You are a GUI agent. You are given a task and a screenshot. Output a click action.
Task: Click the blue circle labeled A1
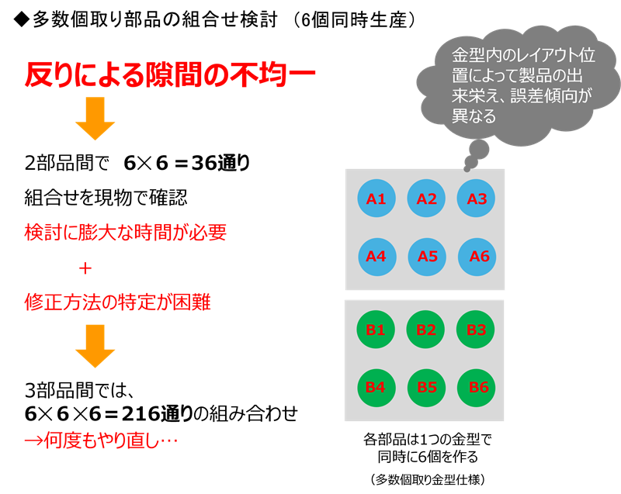point(376,199)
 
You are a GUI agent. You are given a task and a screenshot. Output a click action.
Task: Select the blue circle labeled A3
point(477,199)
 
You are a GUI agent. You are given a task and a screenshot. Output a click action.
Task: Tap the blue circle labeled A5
point(427,256)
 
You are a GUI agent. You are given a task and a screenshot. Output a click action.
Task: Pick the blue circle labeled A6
point(478,256)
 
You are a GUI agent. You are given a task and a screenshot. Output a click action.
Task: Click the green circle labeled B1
point(376,330)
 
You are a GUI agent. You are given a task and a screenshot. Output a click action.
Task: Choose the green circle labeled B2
point(426,330)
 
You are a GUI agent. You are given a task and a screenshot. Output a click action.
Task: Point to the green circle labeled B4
point(376,387)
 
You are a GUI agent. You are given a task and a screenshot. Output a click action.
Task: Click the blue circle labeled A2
point(426,199)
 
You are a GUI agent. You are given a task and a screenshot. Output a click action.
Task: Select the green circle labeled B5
point(427,387)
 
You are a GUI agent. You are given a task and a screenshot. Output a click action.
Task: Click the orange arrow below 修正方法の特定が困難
point(95,346)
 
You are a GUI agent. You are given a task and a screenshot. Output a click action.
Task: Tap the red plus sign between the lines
point(85,268)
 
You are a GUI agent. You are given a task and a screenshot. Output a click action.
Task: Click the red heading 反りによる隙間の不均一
point(170,75)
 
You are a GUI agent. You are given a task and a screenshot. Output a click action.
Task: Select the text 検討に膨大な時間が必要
point(126,232)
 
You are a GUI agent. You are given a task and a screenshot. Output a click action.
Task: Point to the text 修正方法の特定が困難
point(118,302)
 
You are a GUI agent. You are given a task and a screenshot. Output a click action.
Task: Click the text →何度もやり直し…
point(101,441)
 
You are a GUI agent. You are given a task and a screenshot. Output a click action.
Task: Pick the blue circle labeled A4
point(376,256)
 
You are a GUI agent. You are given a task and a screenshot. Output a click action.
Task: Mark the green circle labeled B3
point(477,330)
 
